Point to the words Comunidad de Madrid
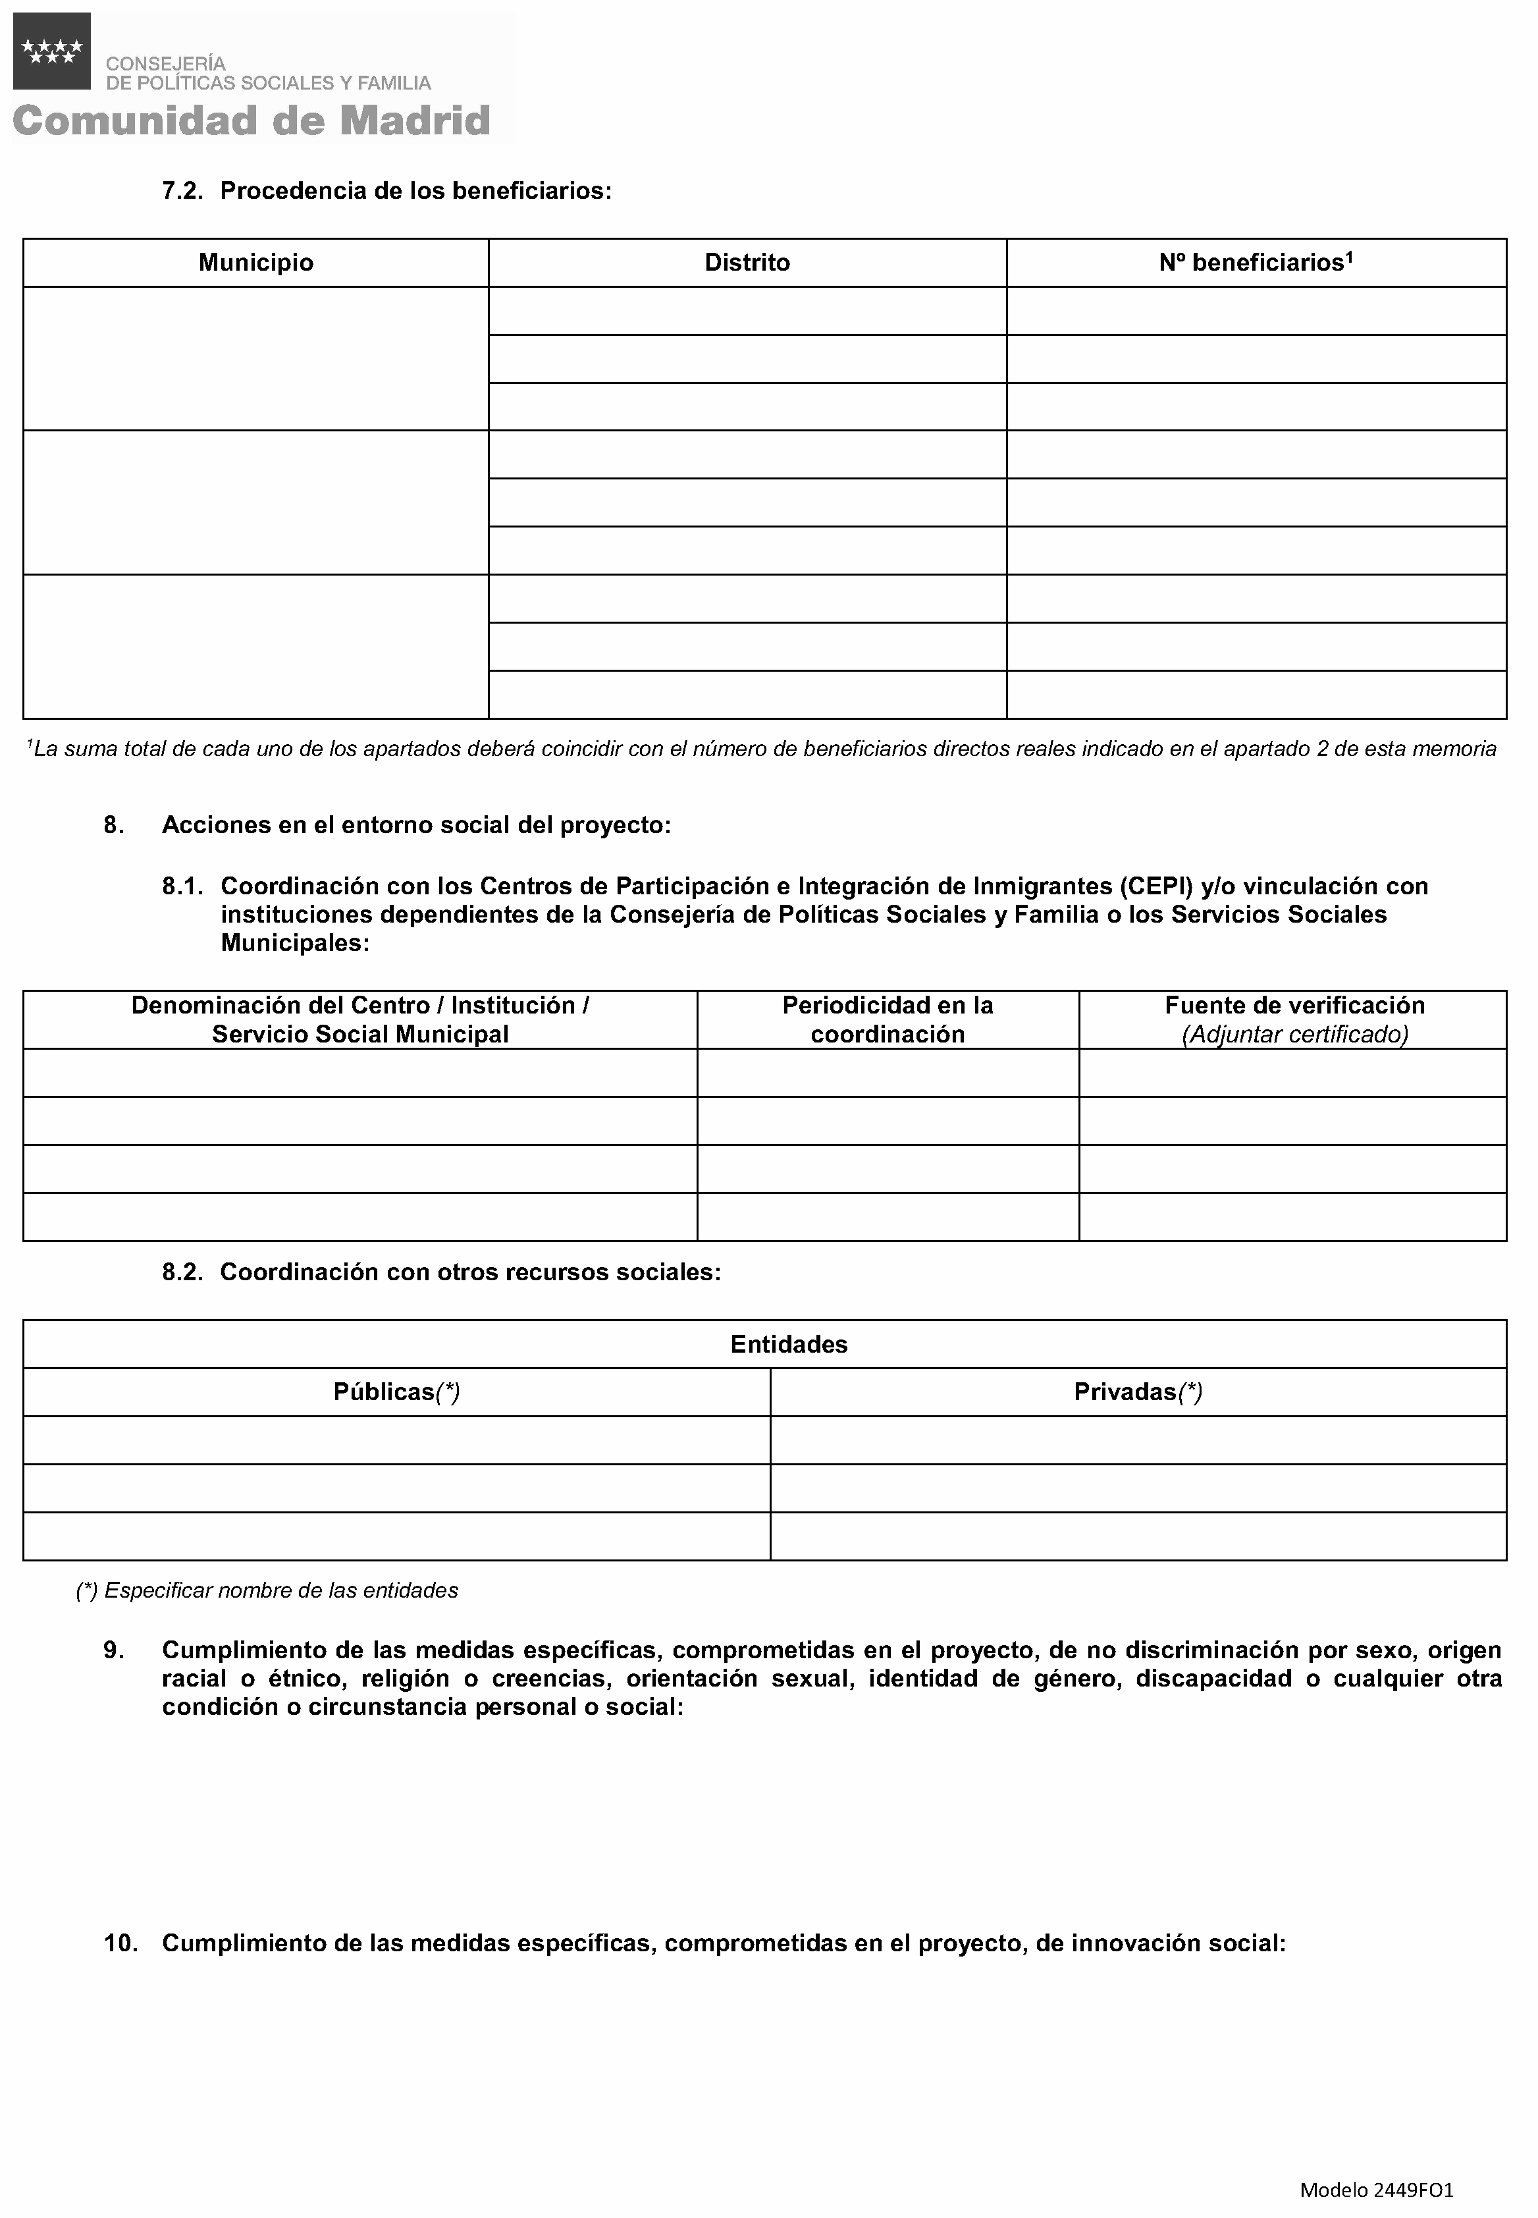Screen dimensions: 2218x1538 [x=252, y=121]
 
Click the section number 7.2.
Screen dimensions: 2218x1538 [x=182, y=191]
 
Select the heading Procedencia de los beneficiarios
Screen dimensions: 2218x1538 [x=415, y=191]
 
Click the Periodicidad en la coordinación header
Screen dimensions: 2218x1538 [x=888, y=1020]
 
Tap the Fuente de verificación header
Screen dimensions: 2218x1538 [x=1294, y=1006]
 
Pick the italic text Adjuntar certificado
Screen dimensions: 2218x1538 [x=1294, y=1035]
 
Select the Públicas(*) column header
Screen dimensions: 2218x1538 [x=396, y=1392]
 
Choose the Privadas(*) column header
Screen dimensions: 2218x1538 [x=1138, y=1392]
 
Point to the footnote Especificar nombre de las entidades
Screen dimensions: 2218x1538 [x=267, y=1590]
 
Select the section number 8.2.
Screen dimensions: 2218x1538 [x=182, y=1272]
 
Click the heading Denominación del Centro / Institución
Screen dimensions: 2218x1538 [x=359, y=1006]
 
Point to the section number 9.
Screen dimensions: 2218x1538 [x=114, y=1650]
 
